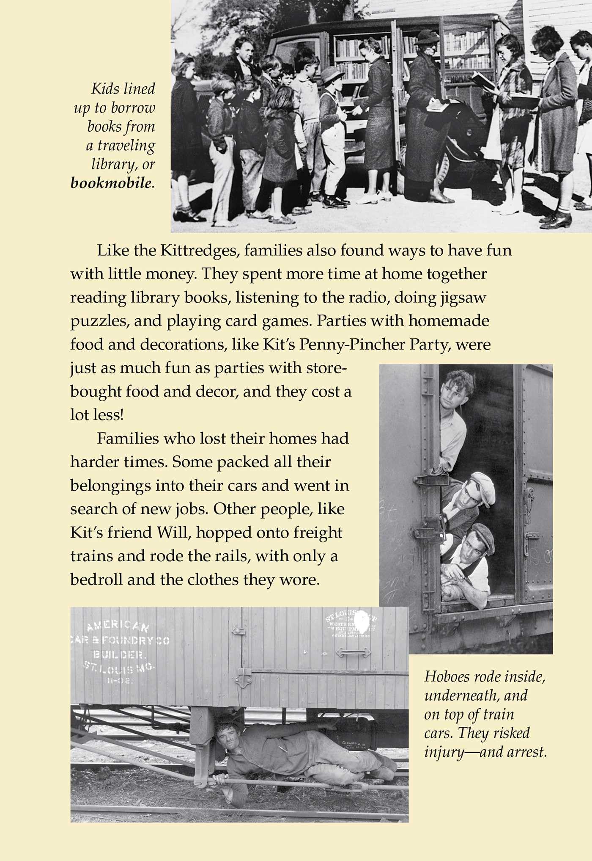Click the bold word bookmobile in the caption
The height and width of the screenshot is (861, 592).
point(110,183)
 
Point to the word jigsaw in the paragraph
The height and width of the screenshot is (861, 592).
point(463,298)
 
